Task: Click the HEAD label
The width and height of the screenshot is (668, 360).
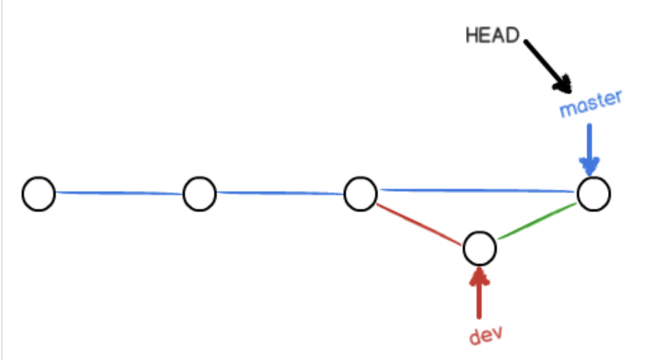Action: [x=492, y=35]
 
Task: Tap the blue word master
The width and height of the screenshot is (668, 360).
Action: [x=591, y=103]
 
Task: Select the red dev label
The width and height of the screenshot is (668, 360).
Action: [x=485, y=335]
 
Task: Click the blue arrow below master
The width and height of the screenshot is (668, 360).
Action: [x=589, y=149]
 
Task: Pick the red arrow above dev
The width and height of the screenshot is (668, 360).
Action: [x=479, y=293]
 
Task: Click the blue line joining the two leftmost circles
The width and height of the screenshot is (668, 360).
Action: [x=119, y=193]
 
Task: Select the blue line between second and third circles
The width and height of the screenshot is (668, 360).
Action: [x=280, y=193]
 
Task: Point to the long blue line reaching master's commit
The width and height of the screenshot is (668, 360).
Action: [x=477, y=190]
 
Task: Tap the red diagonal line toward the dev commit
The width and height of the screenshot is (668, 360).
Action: [x=419, y=224]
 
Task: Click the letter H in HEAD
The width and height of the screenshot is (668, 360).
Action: [x=472, y=35]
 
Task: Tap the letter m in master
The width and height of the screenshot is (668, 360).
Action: [x=567, y=110]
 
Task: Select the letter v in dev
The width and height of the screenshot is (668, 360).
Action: [x=496, y=333]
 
